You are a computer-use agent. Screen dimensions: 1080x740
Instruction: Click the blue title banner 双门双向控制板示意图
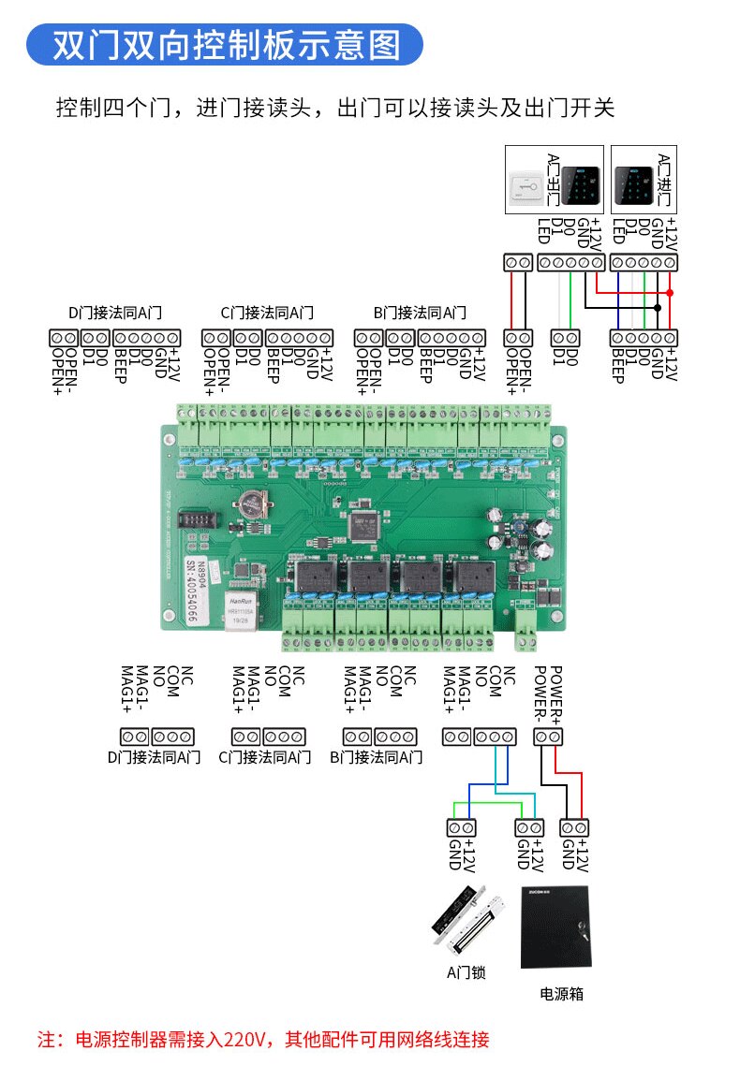225,44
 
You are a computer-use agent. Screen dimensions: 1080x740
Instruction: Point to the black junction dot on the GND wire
658,306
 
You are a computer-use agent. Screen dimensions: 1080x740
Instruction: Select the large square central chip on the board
364,525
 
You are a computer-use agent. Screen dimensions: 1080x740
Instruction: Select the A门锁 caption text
466,973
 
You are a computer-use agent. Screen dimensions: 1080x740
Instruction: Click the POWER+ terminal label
555,693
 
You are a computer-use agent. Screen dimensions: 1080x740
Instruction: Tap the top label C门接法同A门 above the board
267,313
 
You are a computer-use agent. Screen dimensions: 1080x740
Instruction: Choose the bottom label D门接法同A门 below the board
155,757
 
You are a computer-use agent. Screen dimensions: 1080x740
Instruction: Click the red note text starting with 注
263,1039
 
